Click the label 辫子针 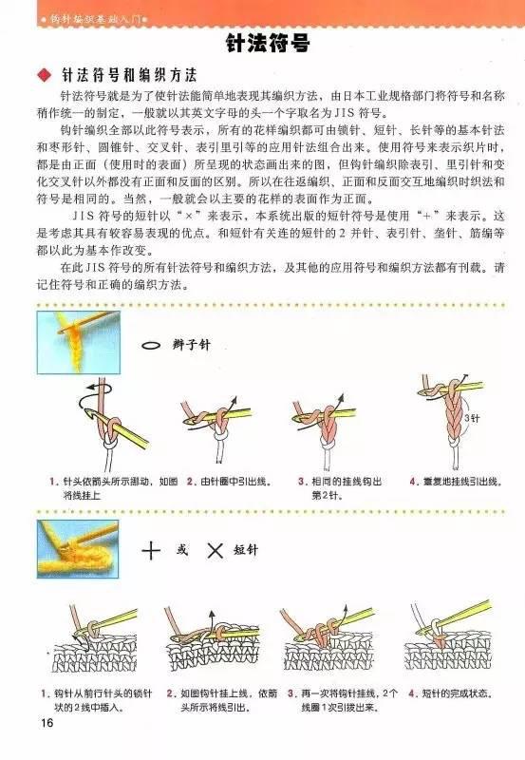point(190,346)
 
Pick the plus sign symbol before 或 point(151,550)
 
